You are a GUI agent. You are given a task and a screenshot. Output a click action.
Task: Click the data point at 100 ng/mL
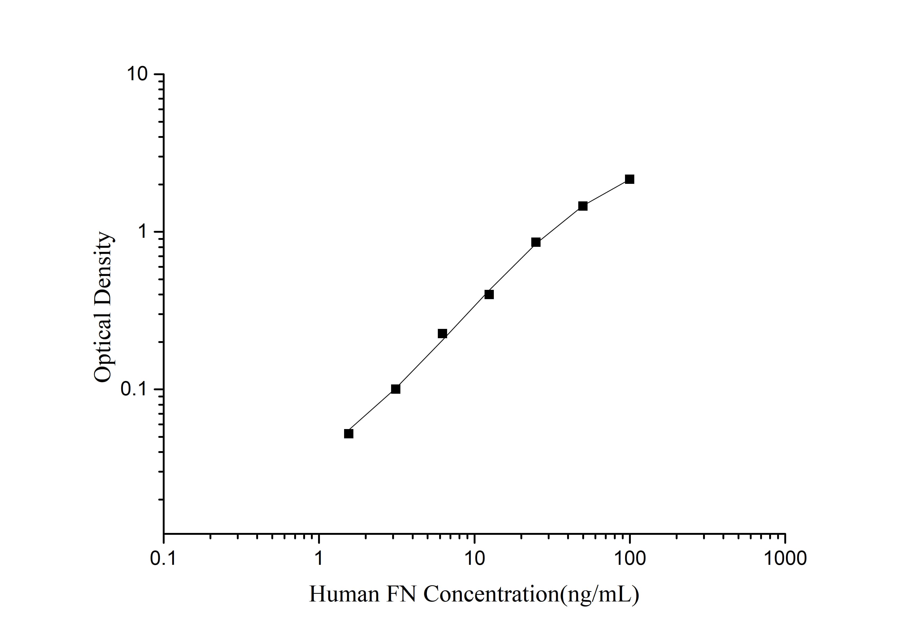point(630,179)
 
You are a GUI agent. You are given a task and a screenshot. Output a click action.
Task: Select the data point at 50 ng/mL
point(583,206)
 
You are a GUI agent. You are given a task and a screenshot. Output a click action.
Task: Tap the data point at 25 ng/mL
point(536,242)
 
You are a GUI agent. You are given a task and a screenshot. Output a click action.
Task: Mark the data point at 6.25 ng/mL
point(442,333)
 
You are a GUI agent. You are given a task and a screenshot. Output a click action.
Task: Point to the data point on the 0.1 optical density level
point(396,389)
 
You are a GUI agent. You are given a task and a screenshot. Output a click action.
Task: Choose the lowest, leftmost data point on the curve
point(348,434)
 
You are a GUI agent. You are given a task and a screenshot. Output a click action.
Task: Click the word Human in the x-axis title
point(344,595)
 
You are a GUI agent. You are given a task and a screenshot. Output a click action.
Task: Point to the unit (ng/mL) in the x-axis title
point(600,595)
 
